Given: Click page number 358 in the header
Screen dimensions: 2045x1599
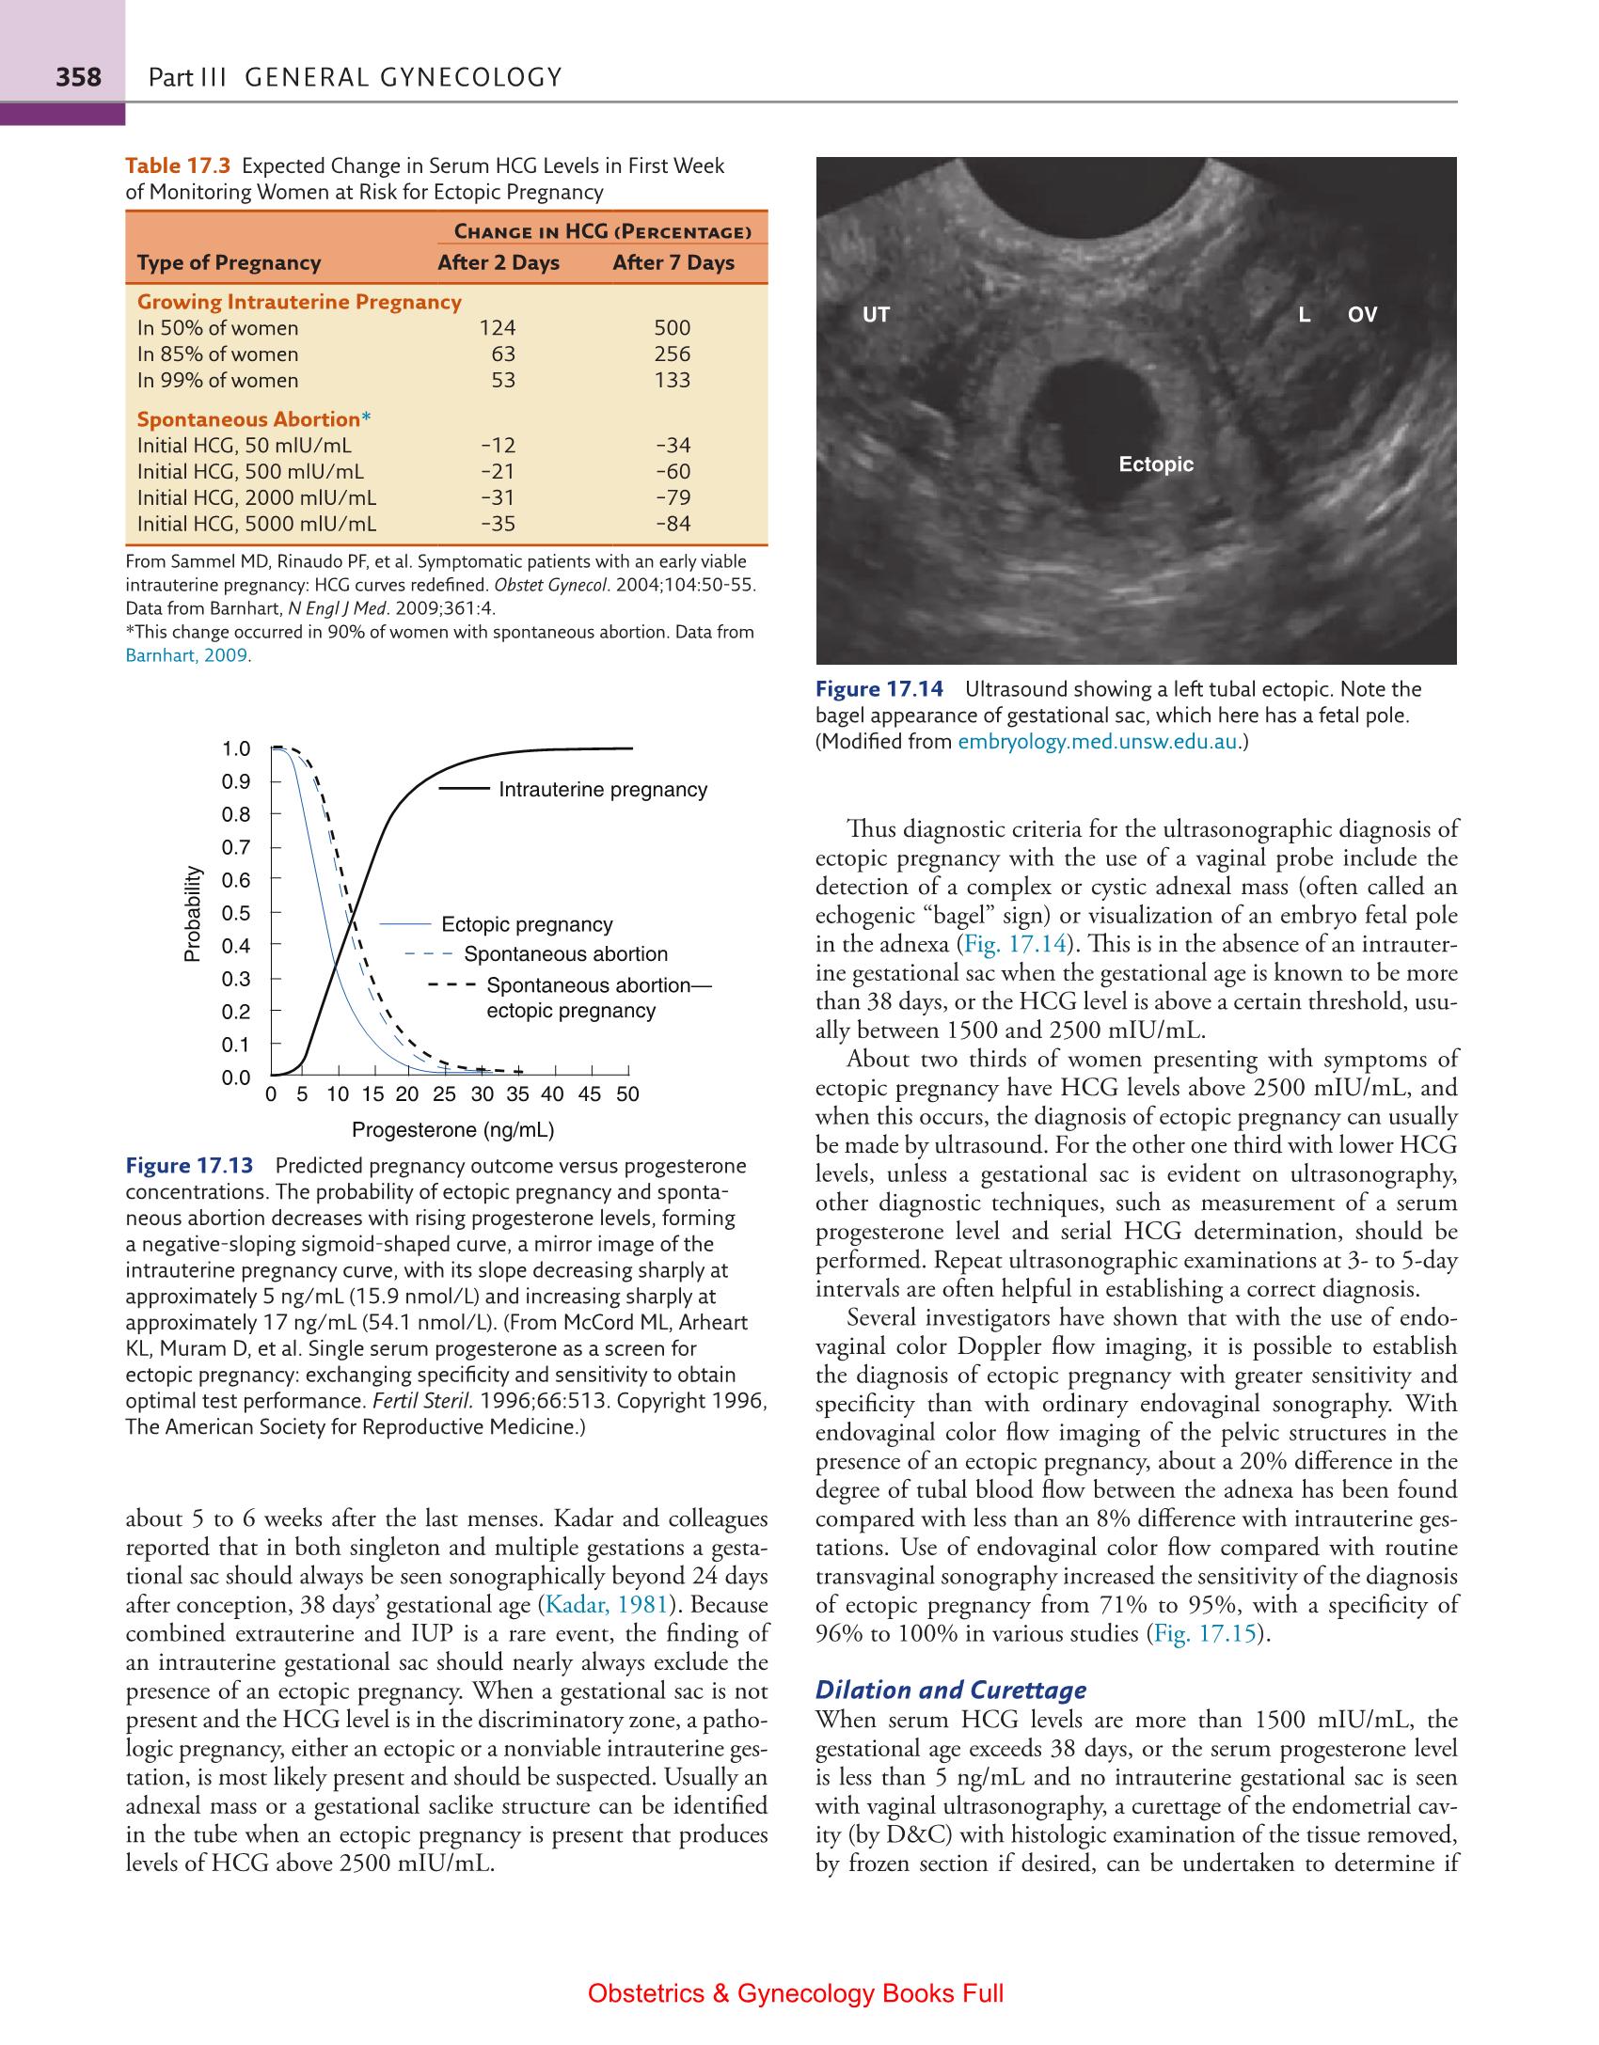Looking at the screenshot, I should tap(78, 76).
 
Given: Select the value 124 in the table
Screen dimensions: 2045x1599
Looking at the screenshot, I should tap(498, 328).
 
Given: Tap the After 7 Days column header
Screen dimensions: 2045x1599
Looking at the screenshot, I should tap(673, 262).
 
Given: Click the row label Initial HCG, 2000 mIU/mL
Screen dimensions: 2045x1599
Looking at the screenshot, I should tap(257, 497).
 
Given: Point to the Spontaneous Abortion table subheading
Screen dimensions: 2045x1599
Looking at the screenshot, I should tap(249, 419).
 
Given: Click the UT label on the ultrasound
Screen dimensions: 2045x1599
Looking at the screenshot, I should tap(876, 315).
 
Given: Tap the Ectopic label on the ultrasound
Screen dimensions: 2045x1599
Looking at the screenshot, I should tap(1156, 464).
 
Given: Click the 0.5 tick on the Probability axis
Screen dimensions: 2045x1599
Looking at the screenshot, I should tap(236, 913).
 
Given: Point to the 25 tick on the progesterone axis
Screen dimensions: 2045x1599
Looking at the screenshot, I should tap(444, 1094).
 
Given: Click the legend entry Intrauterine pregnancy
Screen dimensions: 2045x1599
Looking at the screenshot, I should tap(602, 790).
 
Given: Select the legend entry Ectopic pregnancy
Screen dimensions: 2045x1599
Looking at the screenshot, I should tap(527, 925).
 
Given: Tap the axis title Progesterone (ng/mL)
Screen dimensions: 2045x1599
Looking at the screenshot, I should tap(452, 1130).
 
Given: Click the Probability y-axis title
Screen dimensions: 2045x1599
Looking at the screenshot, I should tap(193, 913).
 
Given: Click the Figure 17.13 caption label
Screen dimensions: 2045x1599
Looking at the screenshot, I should tap(189, 1166).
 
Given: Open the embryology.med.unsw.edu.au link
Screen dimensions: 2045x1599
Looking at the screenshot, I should tap(1098, 742).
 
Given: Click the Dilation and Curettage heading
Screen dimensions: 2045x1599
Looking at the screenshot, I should tap(950, 1691).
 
